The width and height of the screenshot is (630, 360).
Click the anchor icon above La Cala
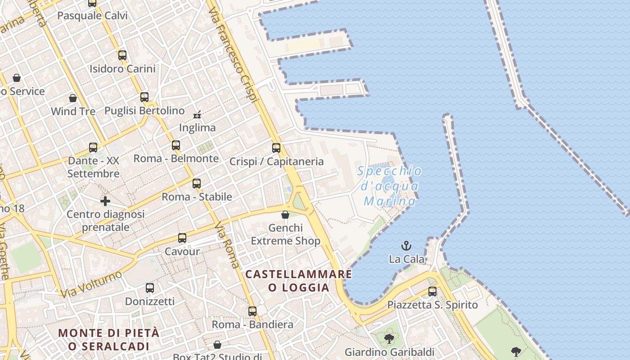(406, 246)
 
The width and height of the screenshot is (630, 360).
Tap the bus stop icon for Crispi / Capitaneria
(276, 148)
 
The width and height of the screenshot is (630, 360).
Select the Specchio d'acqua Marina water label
(390, 185)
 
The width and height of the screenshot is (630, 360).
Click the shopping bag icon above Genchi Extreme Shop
(285, 214)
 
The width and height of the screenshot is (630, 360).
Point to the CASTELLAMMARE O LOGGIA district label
(298, 280)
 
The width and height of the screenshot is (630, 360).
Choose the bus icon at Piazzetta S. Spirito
(432, 291)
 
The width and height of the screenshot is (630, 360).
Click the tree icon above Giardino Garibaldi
(389, 338)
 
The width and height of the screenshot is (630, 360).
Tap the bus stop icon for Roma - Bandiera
(252, 311)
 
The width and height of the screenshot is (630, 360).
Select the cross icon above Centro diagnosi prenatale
(105, 201)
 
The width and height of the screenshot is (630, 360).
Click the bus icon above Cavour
(182, 238)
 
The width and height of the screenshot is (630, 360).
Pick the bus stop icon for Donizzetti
(150, 288)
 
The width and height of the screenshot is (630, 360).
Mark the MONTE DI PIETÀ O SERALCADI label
(109, 339)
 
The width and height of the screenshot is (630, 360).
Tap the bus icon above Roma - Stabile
(197, 183)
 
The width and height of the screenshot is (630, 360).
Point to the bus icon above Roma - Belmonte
(176, 145)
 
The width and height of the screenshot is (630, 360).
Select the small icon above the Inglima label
(197, 115)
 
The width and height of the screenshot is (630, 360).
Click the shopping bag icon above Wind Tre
(73, 98)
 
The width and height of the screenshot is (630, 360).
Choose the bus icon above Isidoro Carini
(122, 55)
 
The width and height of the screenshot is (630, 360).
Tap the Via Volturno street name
(91, 284)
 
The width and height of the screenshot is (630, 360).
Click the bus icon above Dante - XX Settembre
(93, 147)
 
